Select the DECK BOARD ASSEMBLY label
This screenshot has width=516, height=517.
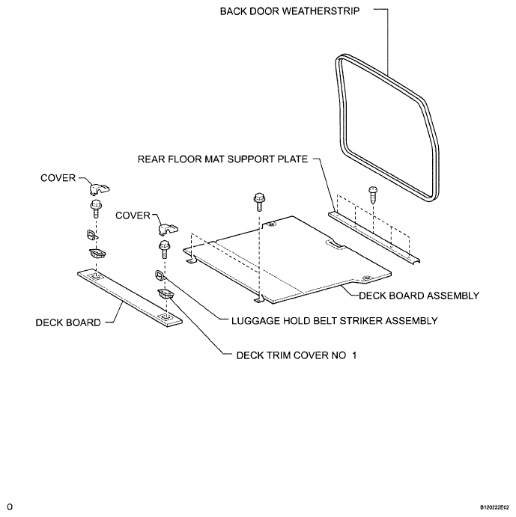point(419,296)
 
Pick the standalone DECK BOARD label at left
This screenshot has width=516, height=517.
point(68,323)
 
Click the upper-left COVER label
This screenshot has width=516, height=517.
point(58,177)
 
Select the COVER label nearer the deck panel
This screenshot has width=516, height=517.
point(134,215)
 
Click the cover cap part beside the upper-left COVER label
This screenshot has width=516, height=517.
point(97,187)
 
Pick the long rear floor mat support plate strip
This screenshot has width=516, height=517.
point(374,235)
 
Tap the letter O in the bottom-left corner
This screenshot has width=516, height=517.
point(8,507)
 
